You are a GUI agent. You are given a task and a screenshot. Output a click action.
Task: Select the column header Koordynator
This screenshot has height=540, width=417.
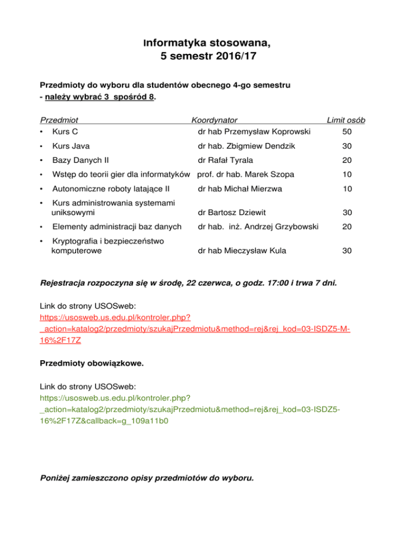pyautogui.click(x=214, y=120)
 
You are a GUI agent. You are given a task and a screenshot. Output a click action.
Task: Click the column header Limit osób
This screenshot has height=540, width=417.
pyautogui.click(x=345, y=120)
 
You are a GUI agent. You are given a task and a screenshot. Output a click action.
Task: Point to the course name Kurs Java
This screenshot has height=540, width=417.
pyautogui.click(x=71, y=146)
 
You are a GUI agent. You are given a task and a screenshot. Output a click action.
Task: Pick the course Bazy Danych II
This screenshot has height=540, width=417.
pyautogui.click(x=79, y=160)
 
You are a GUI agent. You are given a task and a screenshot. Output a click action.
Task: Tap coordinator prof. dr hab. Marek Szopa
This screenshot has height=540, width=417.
pyautogui.click(x=245, y=174)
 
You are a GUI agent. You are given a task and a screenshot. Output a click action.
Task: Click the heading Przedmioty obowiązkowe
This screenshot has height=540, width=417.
pyautogui.click(x=92, y=364)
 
